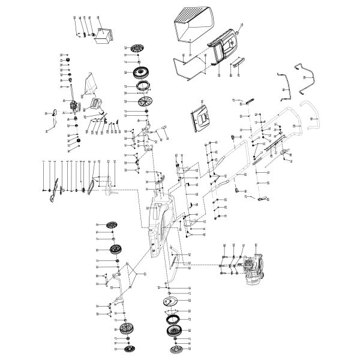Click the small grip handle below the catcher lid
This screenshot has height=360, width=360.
(238, 62)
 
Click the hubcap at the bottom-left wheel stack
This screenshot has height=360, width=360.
(127, 349)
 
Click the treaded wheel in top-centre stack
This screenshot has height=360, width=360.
(140, 73)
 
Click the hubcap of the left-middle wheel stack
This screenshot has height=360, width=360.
(112, 224)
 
